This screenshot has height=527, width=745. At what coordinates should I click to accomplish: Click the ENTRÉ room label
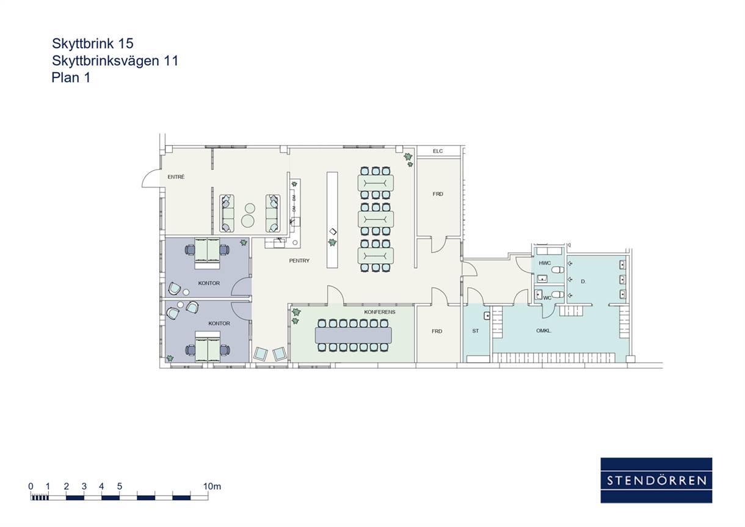point(176,177)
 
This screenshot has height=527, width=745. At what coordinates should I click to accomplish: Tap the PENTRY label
point(299,261)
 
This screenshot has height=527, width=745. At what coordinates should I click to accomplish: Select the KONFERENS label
point(379,312)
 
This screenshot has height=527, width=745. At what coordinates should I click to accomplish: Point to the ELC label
point(438,151)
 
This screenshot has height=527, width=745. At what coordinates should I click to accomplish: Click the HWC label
point(545,263)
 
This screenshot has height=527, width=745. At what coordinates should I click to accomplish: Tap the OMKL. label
point(543,331)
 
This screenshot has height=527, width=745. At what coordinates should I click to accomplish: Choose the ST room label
point(475,331)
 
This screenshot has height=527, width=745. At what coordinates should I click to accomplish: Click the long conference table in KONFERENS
point(353,335)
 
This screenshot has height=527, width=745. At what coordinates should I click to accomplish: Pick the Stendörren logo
point(656,480)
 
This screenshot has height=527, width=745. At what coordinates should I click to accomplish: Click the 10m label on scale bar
point(212,486)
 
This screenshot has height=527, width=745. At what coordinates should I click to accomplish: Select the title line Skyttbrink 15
point(92,43)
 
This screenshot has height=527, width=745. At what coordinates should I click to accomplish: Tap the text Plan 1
point(71,78)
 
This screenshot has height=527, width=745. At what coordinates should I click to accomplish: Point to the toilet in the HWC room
point(558,270)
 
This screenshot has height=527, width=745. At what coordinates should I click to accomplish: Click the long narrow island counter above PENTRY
point(332,220)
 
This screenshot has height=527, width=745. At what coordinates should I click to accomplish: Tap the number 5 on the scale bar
point(120,486)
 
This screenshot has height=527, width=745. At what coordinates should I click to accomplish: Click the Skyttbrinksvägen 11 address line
point(115,60)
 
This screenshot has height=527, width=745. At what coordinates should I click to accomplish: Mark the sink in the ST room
point(487,316)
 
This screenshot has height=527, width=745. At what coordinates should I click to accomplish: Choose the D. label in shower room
point(583,282)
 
